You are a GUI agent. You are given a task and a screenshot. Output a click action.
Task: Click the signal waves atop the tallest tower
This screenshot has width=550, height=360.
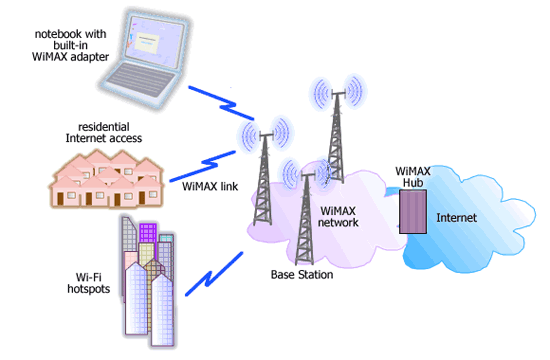(335, 92)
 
